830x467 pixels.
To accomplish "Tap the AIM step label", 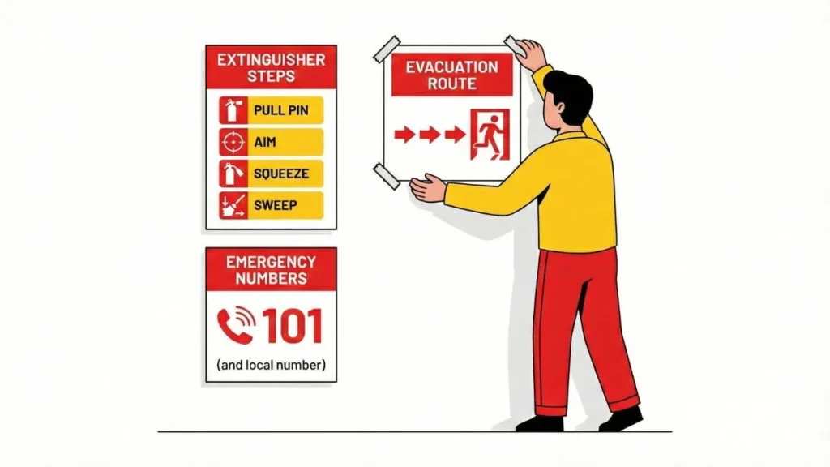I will pos(265,142).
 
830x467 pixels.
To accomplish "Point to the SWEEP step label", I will pos(276,205).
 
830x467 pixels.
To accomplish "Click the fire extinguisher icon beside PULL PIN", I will pos(232,110).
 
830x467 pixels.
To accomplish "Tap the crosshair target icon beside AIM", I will pos(232,142).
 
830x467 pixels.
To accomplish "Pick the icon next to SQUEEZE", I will pos(232,174).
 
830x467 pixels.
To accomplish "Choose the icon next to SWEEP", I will pos(232,205).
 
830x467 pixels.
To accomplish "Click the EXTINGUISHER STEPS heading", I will pos(271,68).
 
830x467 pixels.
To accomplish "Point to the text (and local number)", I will pos(271,366).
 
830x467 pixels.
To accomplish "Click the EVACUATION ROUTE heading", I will pos(451,75).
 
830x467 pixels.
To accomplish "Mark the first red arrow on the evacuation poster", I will pos(404,134).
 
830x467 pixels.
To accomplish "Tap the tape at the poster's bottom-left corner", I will pos(387,175).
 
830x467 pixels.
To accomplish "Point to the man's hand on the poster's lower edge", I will pos(427,189).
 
